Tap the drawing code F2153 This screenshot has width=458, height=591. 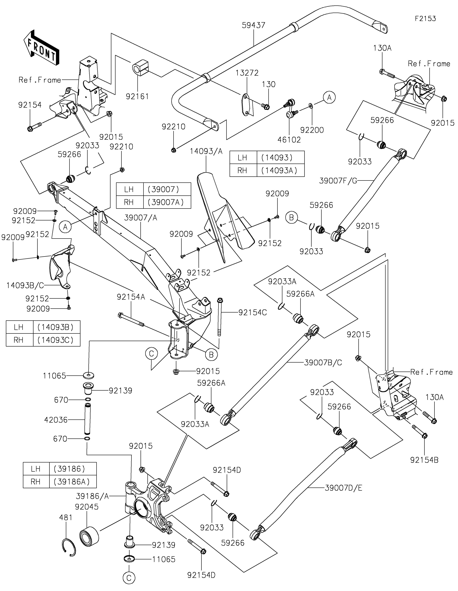(425, 19)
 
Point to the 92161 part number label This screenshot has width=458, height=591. (137, 96)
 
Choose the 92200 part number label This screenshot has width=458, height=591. (312, 130)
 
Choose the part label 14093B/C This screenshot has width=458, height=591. (25, 285)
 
